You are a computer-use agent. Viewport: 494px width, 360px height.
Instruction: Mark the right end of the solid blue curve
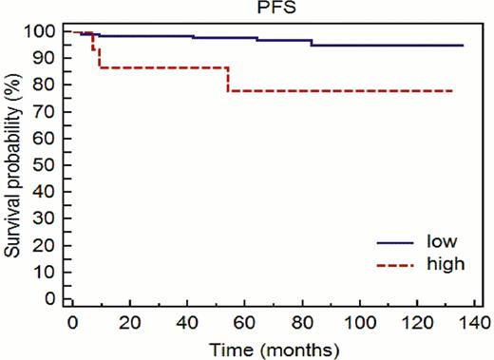(x=463, y=45)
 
